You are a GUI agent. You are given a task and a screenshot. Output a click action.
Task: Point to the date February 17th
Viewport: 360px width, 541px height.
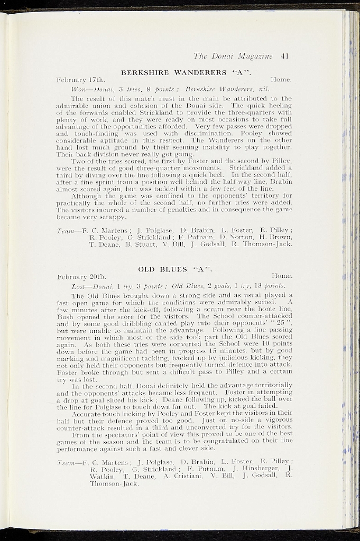coord(82,79)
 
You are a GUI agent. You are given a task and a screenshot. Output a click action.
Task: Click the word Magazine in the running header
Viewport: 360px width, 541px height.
coord(255,55)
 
